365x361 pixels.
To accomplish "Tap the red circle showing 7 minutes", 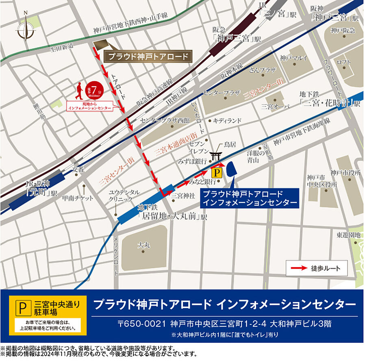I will (x=94, y=89).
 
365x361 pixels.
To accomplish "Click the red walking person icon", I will (x=80, y=91).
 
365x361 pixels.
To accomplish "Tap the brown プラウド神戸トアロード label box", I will (x=148, y=56).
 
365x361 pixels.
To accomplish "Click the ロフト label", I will (x=343, y=61).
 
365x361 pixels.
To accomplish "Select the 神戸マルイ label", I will (x=293, y=58).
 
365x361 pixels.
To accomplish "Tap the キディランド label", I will (x=227, y=121).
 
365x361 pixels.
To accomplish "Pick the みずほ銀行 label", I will (x=192, y=161).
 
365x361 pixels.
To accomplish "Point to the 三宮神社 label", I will (x=183, y=196).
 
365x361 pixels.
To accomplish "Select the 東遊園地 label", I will (x=348, y=235).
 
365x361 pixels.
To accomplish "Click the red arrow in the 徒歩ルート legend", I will (x=298, y=268).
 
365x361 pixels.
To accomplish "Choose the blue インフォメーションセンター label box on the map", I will (x=249, y=198).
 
